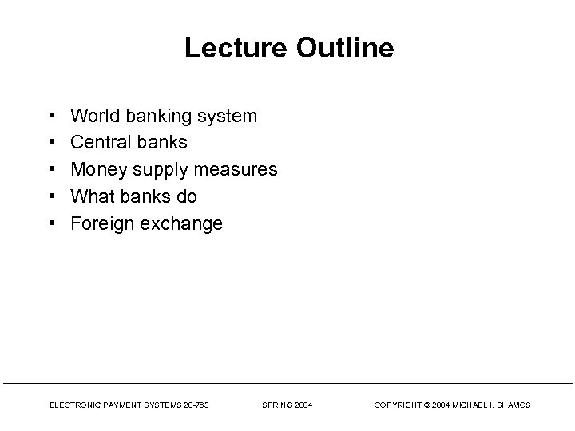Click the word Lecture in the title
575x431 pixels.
click(231, 49)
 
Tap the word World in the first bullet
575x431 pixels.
click(93, 117)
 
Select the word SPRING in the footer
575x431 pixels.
click(276, 405)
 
